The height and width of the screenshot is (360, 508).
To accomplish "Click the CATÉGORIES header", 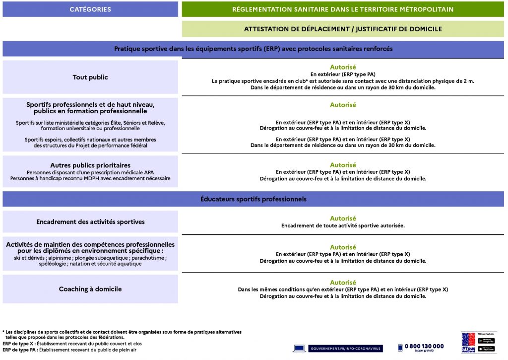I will (x=90, y=9).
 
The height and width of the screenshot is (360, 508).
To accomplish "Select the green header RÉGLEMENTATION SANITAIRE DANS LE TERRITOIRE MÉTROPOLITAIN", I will (x=343, y=9).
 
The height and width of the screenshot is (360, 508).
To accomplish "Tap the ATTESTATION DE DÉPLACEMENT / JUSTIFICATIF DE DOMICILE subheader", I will (x=343, y=29).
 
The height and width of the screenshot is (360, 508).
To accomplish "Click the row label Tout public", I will (x=90, y=77).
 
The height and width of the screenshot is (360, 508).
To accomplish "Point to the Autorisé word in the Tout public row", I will (x=343, y=67).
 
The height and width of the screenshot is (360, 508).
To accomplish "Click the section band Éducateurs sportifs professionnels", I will (x=254, y=199).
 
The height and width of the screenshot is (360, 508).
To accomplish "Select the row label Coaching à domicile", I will (x=90, y=289).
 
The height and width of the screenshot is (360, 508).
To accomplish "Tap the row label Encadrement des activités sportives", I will (x=90, y=222).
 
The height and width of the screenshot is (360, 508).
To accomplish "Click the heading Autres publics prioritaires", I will (x=90, y=165).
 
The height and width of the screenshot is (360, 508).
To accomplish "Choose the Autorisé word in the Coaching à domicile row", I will (x=343, y=283).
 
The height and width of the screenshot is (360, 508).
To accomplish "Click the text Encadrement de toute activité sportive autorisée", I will (x=343, y=225).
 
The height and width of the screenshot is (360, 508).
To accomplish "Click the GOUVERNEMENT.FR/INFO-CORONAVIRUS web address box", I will (x=346, y=349).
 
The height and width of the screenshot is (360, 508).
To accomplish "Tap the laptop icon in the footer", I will (x=299, y=349).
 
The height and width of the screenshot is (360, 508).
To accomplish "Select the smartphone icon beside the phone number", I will (x=400, y=348).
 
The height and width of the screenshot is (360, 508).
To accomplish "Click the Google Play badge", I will (x=486, y=341).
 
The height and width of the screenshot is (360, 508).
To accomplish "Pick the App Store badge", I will (x=486, y=348).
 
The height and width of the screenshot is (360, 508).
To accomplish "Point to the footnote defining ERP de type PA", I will (x=69, y=350).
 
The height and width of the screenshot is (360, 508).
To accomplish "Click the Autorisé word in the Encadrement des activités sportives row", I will (x=343, y=218).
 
